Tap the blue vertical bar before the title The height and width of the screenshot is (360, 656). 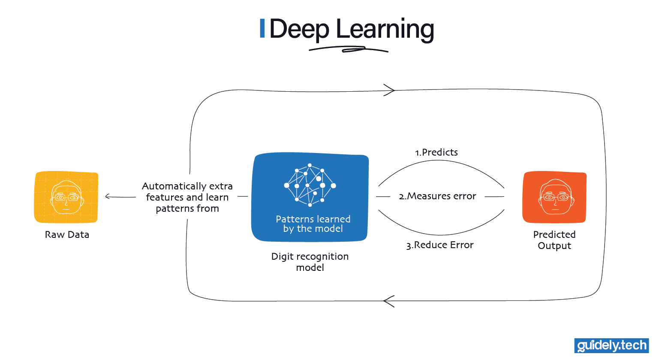[262, 28]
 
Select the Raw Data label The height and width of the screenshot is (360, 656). [67, 234]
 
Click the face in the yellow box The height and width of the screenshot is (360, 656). [66, 197]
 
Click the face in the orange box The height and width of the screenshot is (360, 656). [555, 198]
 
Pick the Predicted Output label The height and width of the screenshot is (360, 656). [554, 240]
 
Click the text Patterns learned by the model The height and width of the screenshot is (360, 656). [313, 224]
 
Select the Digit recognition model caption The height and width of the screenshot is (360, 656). [310, 261]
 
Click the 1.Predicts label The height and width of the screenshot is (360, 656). [436, 152]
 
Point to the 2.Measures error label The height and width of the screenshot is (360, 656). [437, 196]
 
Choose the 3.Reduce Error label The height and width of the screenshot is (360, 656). [440, 245]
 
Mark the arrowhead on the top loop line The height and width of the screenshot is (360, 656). [390, 90]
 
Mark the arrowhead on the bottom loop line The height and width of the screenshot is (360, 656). [388, 301]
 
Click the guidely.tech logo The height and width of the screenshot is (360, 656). [611, 345]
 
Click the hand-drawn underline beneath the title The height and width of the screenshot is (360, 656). [348, 50]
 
